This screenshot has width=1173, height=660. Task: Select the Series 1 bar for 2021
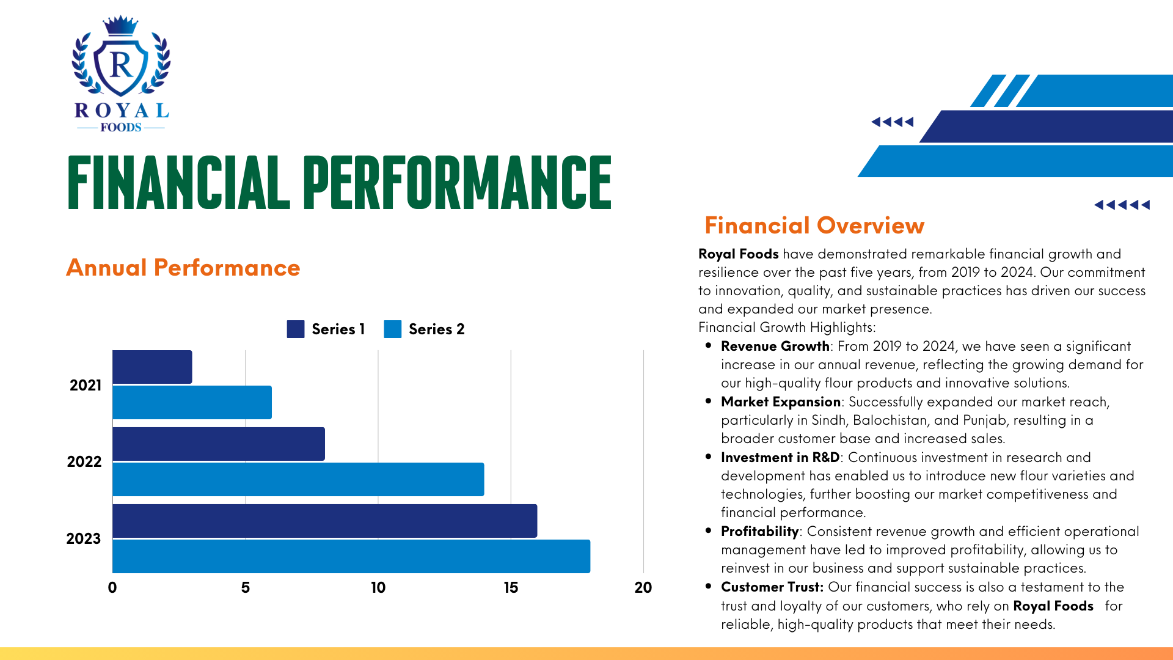[152, 367]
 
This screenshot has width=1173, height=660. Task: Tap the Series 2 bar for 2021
[192, 402]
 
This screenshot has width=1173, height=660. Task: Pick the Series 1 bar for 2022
[219, 444]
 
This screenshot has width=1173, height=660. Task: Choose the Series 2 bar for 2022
[298, 479]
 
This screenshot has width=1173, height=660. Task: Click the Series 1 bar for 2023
[325, 521]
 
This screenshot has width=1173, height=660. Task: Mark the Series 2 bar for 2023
[351, 556]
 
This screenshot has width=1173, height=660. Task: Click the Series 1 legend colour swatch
[296, 329]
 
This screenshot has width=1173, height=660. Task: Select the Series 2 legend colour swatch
[393, 329]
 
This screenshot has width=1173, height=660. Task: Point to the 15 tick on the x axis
[511, 587]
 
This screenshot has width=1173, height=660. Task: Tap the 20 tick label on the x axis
[643, 587]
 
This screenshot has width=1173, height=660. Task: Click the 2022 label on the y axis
[84, 461]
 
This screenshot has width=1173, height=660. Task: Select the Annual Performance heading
[183, 268]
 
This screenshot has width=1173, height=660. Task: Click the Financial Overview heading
[814, 225]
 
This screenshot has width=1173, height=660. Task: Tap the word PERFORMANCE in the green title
[457, 182]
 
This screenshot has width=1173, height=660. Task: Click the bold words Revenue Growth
[775, 346]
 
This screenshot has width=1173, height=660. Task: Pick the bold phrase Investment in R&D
[780, 457]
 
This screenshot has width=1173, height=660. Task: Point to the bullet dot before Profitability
[708, 530]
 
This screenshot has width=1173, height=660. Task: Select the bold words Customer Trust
[772, 587]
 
